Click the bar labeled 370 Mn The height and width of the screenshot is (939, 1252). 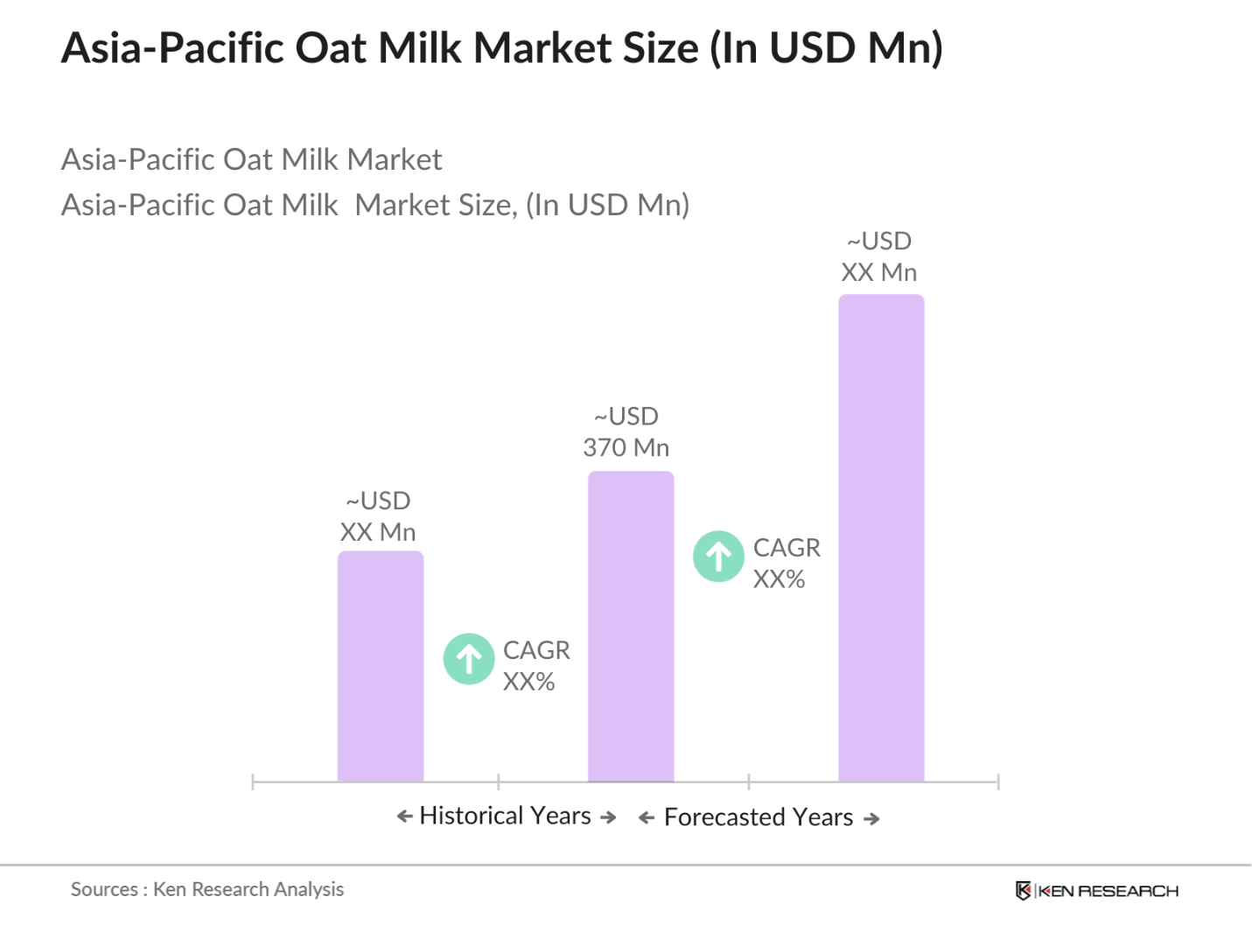coord(630,626)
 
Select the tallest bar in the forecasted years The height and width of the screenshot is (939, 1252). coord(880,537)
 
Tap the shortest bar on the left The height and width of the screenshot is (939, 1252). coord(381,666)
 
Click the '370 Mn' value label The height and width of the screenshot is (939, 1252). coord(626,447)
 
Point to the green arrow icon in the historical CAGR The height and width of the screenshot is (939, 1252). coord(469,658)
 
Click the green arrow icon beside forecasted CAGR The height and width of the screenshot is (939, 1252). coord(718,556)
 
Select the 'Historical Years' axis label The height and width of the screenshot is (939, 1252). coord(505,816)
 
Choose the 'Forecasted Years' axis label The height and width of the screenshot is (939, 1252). coord(758,817)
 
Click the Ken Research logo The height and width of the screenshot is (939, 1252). coord(1096,891)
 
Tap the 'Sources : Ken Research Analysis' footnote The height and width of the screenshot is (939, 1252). coord(207,889)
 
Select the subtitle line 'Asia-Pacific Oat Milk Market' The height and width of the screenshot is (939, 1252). coord(251,159)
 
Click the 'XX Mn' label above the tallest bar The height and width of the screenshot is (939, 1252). coord(878,272)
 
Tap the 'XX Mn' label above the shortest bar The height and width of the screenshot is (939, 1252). coord(377,532)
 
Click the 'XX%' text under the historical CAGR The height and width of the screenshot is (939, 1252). coord(528,682)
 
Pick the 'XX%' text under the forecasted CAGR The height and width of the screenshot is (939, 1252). coord(779,579)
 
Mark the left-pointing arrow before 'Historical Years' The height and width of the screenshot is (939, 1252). coord(404,816)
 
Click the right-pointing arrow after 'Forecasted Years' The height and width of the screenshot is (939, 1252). coord(871,818)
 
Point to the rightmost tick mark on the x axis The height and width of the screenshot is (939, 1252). coord(997,781)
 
